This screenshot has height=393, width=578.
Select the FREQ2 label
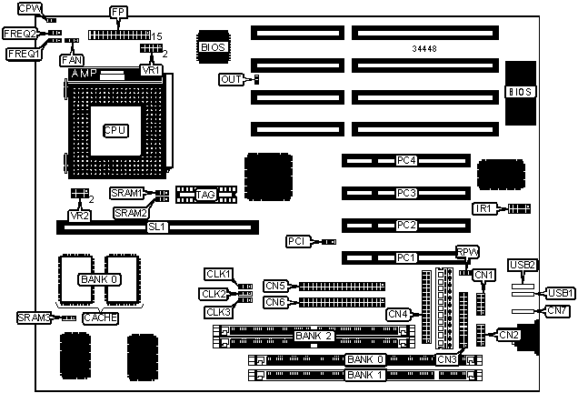coord(19,34)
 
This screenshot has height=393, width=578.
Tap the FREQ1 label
coord(25,54)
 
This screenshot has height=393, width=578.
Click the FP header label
coord(118,12)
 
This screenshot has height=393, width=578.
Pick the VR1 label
coord(151,70)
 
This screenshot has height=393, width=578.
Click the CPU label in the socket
coord(115,130)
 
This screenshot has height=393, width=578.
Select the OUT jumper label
coord(232,80)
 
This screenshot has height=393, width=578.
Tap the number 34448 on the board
coord(425,46)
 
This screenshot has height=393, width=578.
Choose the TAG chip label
coord(205,194)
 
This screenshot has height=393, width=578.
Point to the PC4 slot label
coord(406,161)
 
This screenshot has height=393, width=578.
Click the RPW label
coord(466,253)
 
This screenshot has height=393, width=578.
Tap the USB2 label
coord(524,265)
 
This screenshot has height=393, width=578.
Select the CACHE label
coord(100,317)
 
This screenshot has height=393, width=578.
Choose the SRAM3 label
coord(33,317)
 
